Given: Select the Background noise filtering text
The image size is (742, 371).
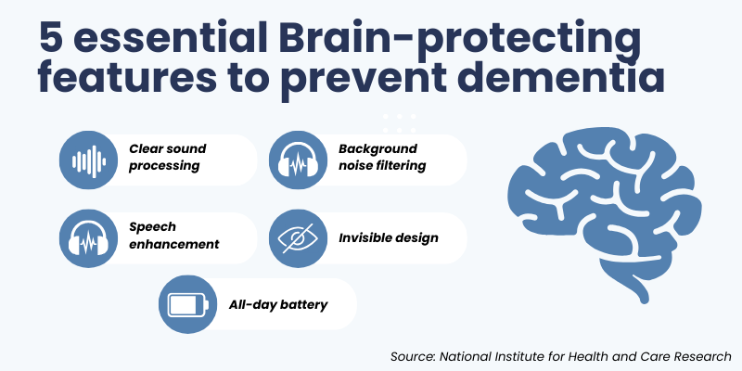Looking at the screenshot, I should point(381,157).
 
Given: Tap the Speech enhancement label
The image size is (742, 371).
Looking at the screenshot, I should point(173,235).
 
